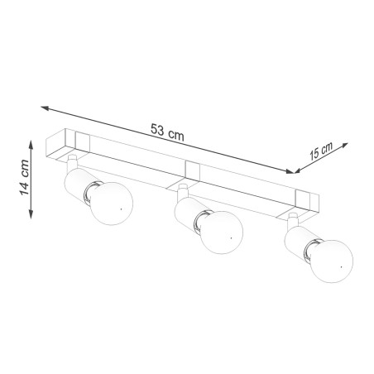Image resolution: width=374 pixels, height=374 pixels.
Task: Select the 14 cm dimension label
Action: coord(24,180)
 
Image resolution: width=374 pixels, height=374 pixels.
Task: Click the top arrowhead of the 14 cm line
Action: coord(32,144)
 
